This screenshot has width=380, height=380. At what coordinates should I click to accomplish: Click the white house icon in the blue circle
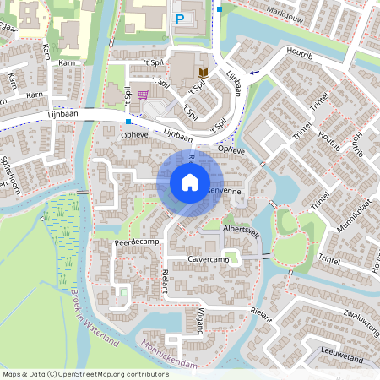(x=190, y=182)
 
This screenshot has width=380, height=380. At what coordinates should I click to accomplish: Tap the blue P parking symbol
(x=180, y=19)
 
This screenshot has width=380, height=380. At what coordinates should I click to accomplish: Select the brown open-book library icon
(x=203, y=73)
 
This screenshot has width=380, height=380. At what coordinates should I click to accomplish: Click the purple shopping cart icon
(x=144, y=94)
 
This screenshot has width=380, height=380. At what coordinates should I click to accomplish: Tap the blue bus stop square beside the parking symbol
(x=220, y=9)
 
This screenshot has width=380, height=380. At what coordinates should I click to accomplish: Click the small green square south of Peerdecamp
(x=123, y=292)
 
